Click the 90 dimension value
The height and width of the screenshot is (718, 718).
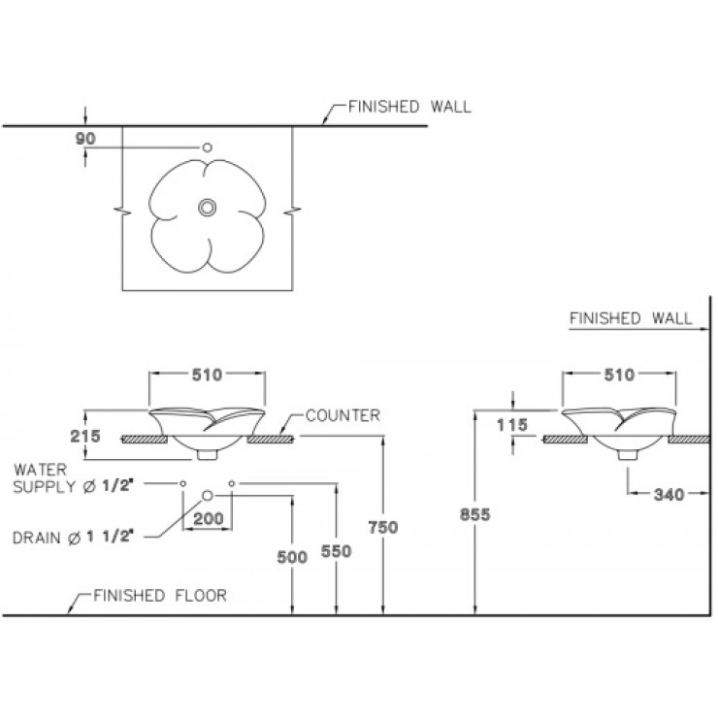[85, 139]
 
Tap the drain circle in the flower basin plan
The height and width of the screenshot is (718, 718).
[207, 208]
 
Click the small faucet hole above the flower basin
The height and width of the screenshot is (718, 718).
[207, 147]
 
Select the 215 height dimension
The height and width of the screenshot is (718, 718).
[85, 436]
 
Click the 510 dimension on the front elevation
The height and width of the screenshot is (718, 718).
[207, 375]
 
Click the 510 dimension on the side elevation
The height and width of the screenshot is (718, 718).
[619, 375]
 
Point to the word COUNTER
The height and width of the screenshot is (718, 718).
[343, 415]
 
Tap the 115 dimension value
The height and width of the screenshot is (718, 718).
[512, 425]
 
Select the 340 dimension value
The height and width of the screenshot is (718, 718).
[669, 495]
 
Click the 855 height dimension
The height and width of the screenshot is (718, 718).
[474, 514]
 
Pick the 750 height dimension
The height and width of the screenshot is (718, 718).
[383, 528]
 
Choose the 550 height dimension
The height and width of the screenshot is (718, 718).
[336, 551]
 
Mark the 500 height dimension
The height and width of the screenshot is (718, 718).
[292, 557]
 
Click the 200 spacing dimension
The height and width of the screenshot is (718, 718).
[209, 519]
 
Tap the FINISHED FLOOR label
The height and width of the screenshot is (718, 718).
[160, 596]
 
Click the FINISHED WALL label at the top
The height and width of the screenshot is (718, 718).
[409, 107]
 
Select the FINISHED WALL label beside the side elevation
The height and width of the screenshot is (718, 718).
[631, 318]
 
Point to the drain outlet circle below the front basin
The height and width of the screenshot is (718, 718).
[208, 496]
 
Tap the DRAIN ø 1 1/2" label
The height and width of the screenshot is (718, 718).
[74, 538]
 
